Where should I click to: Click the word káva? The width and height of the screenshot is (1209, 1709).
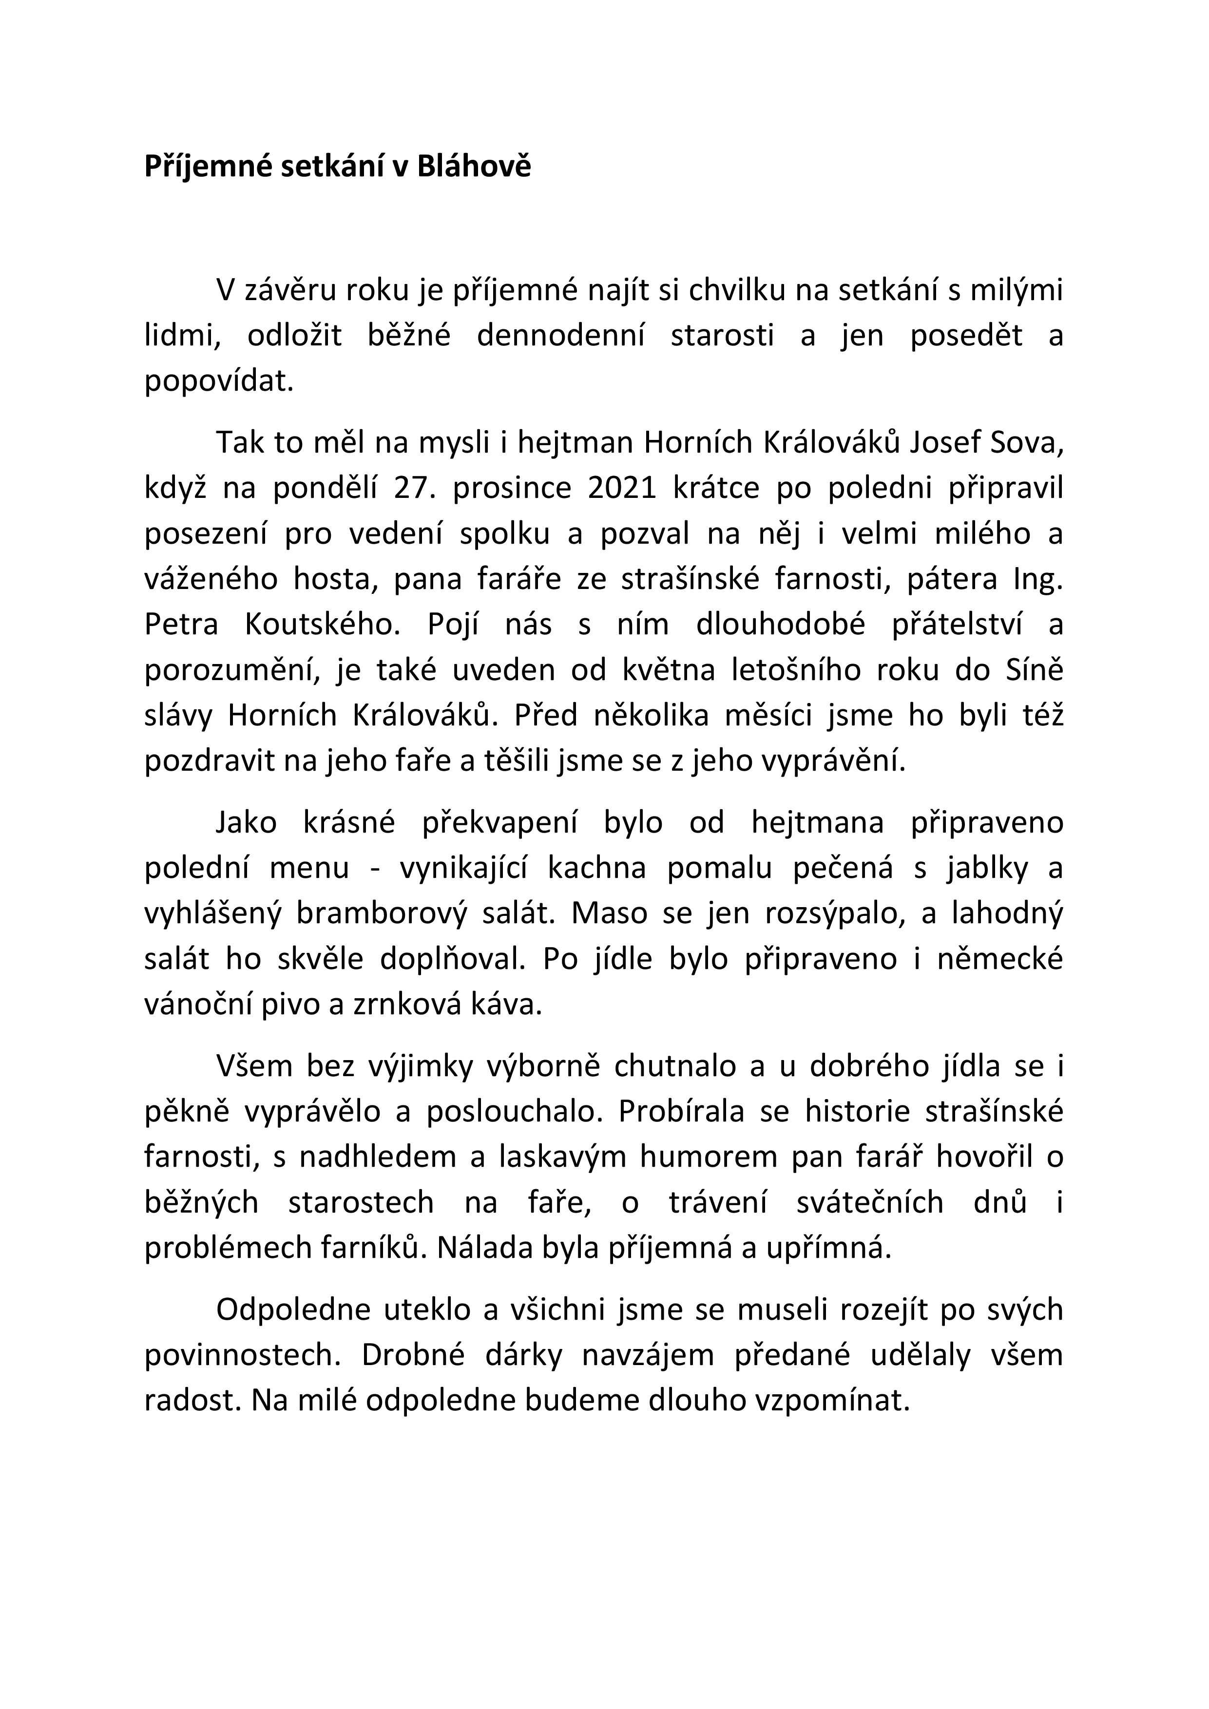point(514,1005)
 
